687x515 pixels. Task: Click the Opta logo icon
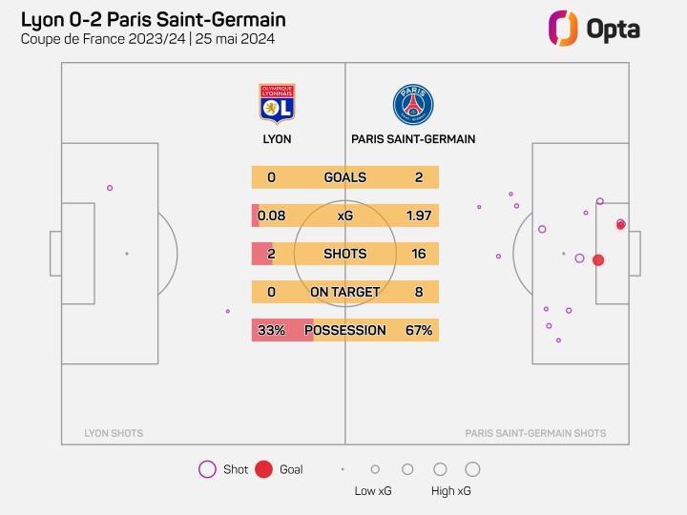click(563, 28)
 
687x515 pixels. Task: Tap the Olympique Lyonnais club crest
click(277, 104)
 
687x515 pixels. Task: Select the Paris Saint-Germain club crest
click(413, 104)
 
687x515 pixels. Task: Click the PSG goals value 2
click(419, 177)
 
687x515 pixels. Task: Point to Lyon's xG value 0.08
click(272, 216)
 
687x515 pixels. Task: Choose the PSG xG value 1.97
click(419, 216)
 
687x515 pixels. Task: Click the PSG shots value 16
click(419, 254)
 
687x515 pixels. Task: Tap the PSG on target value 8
click(419, 292)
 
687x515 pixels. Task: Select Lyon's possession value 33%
click(272, 330)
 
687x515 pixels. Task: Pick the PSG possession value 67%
click(419, 330)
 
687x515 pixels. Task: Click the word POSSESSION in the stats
click(345, 330)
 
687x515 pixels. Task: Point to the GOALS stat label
click(345, 177)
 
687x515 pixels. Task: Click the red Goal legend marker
click(264, 469)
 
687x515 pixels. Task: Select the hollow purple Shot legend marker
click(207, 469)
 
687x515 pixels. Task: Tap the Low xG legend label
click(373, 491)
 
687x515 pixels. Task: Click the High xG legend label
click(450, 491)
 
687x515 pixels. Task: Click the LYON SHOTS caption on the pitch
click(114, 433)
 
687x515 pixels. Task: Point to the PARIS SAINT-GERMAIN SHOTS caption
click(535, 433)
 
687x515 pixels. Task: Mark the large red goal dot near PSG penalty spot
click(598, 259)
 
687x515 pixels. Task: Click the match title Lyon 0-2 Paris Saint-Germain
click(153, 20)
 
